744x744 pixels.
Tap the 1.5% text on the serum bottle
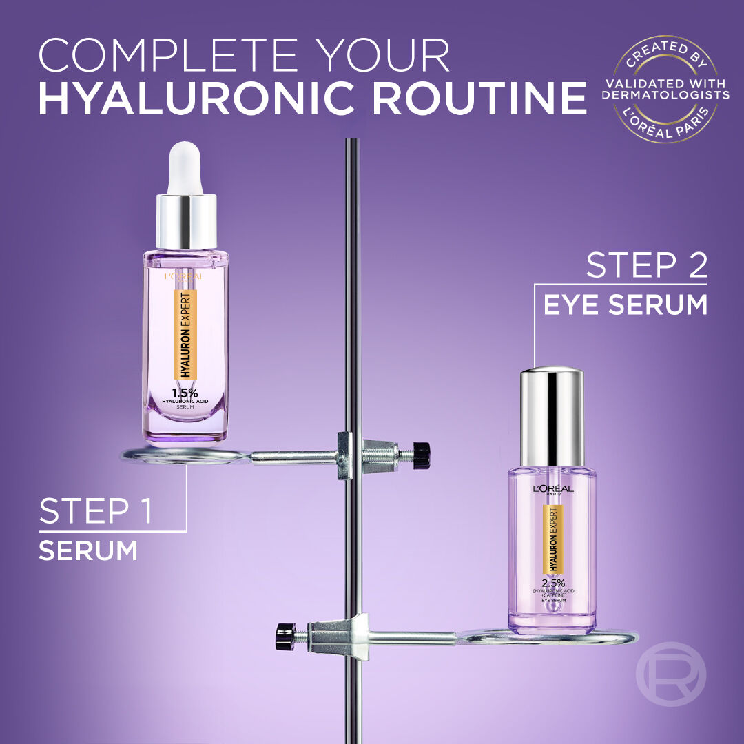[185, 393]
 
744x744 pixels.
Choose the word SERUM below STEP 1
[87, 551]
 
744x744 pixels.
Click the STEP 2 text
[646, 265]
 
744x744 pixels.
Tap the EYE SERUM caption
[625, 304]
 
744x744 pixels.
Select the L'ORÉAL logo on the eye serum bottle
[552, 489]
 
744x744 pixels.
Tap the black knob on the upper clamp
[422, 455]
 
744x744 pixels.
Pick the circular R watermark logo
[670, 675]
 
